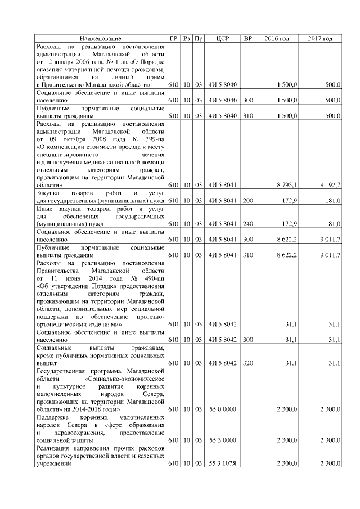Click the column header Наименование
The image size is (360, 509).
coord(100,38)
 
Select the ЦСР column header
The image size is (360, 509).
coord(222,38)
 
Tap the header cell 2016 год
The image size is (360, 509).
coord(276,38)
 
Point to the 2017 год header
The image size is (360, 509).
coord(320,38)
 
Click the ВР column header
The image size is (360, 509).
coord(247,38)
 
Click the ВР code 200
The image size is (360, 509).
coord(247,200)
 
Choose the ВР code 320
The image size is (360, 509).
coord(247,363)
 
